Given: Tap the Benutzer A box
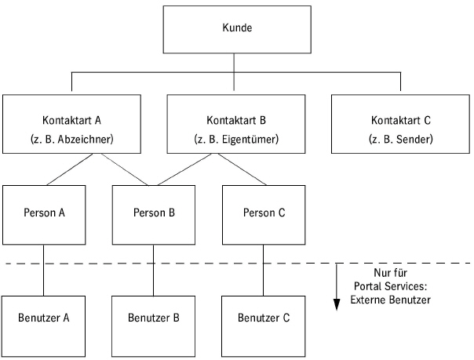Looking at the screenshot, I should tap(44, 318).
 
